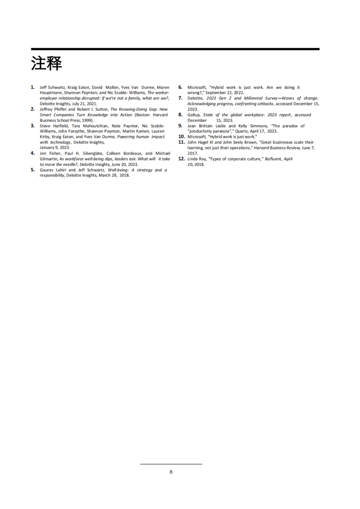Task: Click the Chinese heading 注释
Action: (46, 63)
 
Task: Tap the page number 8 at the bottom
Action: (171, 472)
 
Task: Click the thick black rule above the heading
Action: (175, 49)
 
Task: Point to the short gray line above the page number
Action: (171, 463)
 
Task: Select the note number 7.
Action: (180, 98)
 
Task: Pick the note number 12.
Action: (182, 159)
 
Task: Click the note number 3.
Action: (33, 125)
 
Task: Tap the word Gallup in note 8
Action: (193, 115)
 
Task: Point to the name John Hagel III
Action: (203, 142)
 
